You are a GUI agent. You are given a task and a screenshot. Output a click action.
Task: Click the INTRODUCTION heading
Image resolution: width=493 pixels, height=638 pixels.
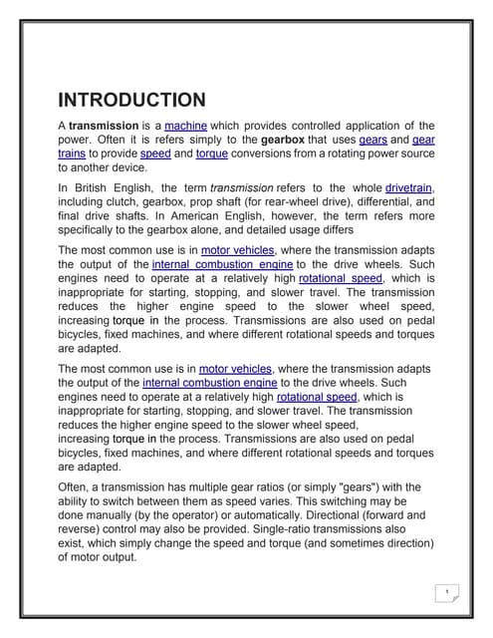point(131,100)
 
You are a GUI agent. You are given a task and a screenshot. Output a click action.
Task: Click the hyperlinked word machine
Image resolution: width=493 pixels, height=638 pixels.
point(185,126)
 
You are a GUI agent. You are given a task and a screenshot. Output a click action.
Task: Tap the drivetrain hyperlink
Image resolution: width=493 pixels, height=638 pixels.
point(409,186)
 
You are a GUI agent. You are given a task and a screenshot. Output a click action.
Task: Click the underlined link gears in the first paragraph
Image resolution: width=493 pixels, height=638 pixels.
point(373,141)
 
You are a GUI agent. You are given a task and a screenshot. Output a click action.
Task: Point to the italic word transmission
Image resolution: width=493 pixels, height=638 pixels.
point(240,186)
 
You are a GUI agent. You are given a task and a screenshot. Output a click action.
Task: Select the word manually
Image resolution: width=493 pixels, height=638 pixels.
point(114,514)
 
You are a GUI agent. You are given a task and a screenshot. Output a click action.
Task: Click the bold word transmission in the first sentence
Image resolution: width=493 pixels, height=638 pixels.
point(110,126)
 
